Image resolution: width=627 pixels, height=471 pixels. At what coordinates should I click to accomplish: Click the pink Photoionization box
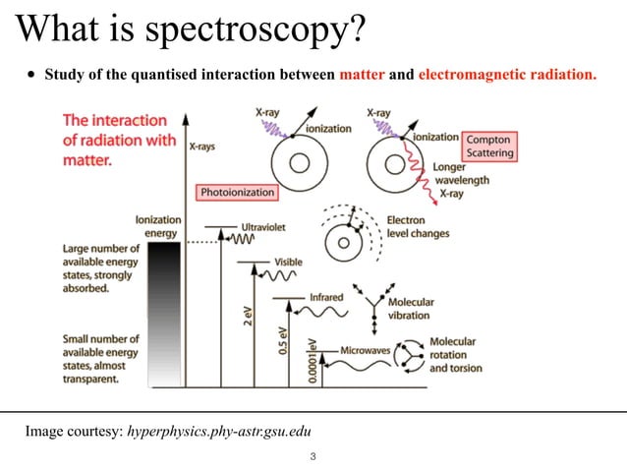click(240, 193)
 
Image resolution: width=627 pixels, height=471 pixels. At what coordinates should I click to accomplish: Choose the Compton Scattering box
click(487, 147)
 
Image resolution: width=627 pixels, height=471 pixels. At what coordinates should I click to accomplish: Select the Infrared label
click(326, 296)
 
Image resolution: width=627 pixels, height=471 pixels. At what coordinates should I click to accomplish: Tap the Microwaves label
click(365, 349)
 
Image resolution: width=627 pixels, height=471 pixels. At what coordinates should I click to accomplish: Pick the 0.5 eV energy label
click(282, 337)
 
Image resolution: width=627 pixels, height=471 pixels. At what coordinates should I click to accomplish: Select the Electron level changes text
click(418, 227)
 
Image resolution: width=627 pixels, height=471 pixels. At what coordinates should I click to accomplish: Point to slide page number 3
click(313, 457)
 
